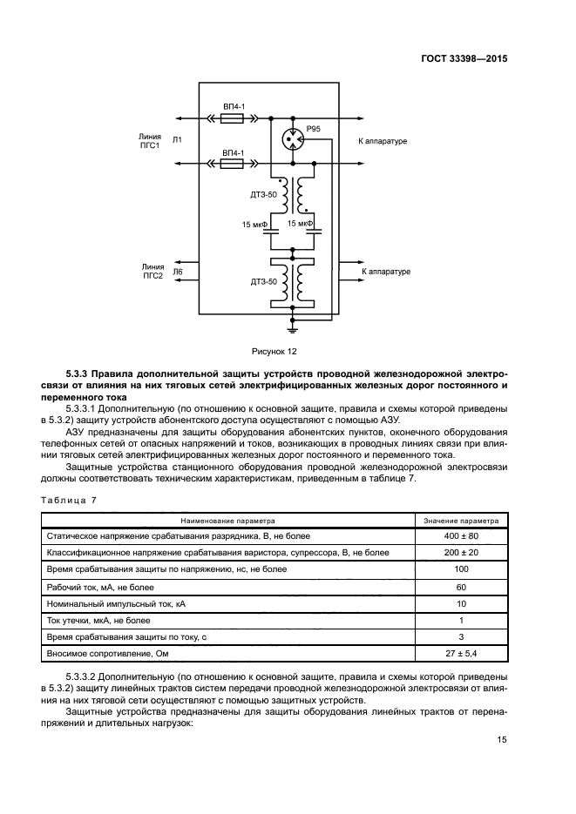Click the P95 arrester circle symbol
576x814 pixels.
293,139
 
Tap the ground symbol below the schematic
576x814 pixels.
293,327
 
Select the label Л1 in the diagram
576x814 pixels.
178,140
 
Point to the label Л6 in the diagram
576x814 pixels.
178,272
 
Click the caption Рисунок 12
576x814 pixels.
275,351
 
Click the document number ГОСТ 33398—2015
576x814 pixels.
464,58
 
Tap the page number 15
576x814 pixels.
502,740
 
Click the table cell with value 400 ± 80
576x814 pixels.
461,535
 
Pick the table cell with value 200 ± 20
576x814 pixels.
461,552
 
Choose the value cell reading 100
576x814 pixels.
461,569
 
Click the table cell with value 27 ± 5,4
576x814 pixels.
461,653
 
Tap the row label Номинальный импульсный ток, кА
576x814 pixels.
115,602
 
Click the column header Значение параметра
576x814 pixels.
461,519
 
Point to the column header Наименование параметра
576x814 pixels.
227,519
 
